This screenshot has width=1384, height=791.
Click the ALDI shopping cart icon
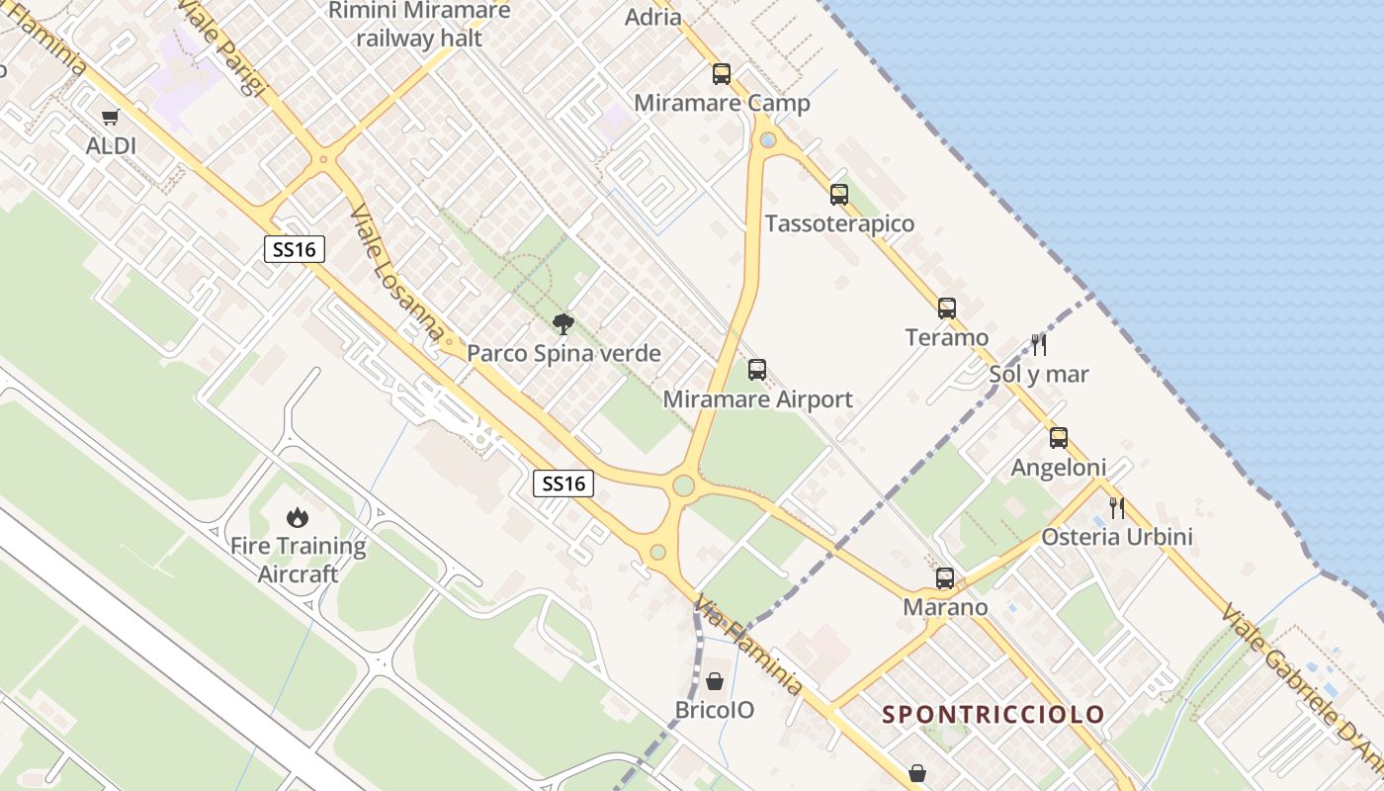[x=110, y=118]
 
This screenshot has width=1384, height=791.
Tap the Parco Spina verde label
[x=563, y=353]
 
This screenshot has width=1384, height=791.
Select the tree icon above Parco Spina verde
[x=563, y=323]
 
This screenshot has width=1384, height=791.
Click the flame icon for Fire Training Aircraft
[x=297, y=516]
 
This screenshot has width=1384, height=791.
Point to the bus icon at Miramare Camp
[x=722, y=73]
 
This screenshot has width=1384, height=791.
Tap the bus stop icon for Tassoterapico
[x=839, y=195]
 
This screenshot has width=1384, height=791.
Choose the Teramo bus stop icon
[x=947, y=308]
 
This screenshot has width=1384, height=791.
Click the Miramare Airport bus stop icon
[x=757, y=370]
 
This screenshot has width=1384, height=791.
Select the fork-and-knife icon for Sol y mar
[x=1039, y=345]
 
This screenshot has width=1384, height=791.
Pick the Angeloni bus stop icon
[x=1059, y=438]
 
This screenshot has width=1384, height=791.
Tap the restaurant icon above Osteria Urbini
[x=1117, y=508]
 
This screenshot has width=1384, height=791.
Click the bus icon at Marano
[x=945, y=578]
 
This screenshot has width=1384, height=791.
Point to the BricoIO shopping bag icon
[x=715, y=681]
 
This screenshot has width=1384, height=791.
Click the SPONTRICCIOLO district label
[x=993, y=714]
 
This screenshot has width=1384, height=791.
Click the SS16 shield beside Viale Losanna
[x=295, y=249]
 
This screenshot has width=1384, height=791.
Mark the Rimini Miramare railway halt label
[x=419, y=25]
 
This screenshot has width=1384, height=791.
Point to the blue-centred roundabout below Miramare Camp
[x=768, y=140]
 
